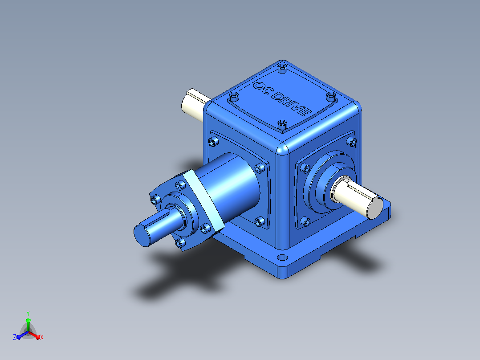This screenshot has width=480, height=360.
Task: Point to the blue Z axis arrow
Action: pos(22,335)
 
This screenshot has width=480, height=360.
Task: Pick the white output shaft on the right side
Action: pos(358,198)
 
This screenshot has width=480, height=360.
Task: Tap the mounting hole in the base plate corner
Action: pos(282,258)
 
